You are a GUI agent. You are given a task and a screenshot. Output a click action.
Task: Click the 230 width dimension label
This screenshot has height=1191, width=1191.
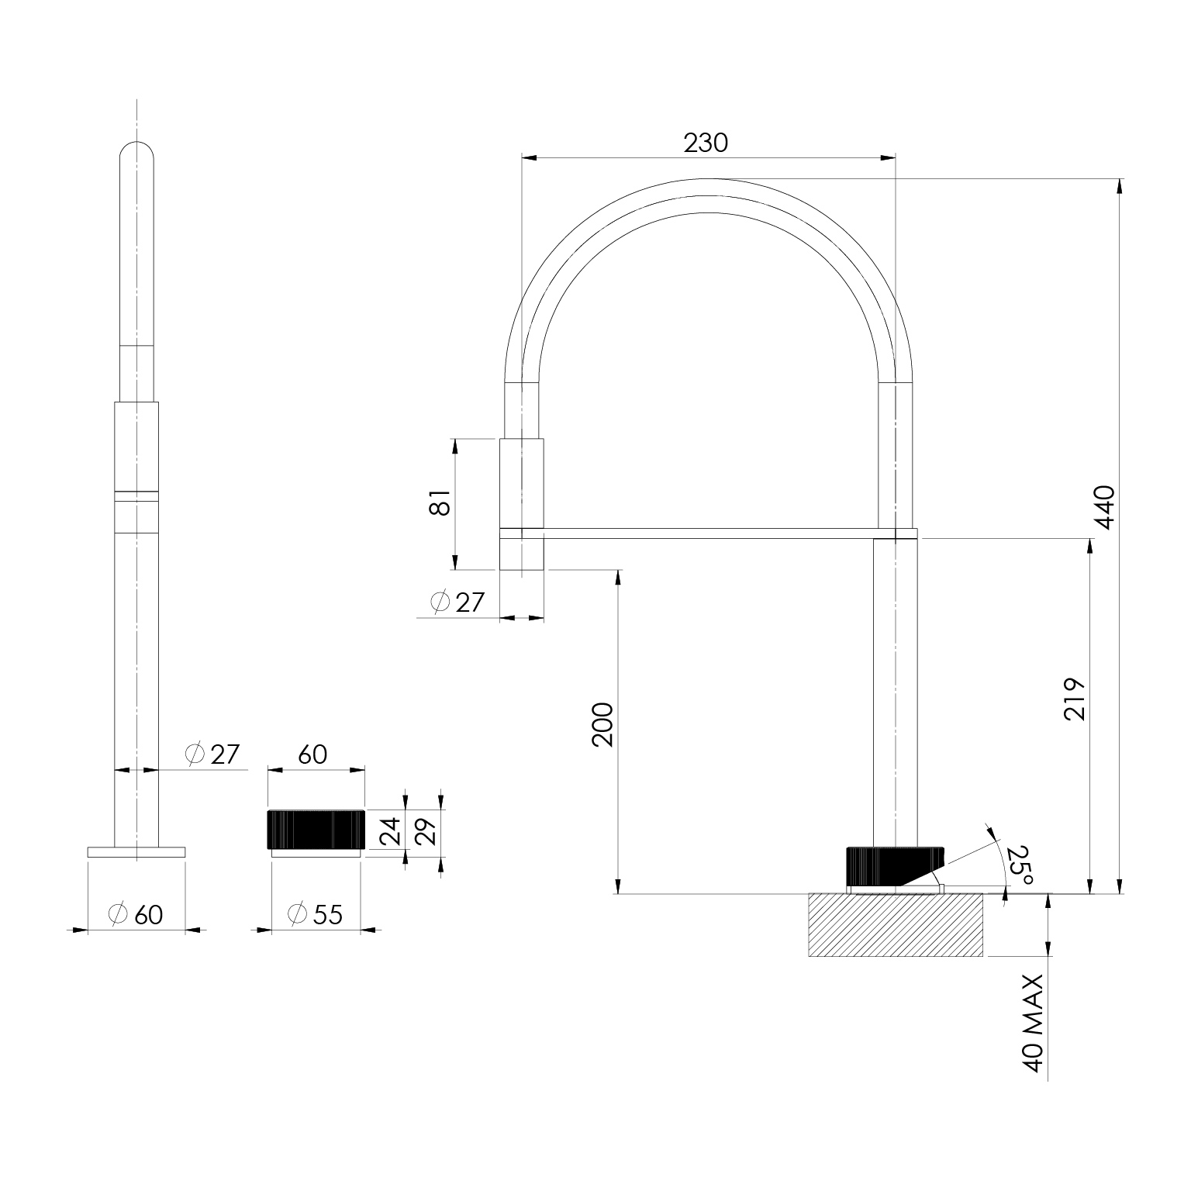point(706,143)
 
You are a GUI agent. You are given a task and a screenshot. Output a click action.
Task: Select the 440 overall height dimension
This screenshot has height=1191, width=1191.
point(1104,507)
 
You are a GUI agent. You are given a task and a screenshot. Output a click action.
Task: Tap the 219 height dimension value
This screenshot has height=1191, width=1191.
point(1075,699)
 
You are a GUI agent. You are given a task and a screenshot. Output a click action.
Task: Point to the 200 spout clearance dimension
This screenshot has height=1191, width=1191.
point(603,724)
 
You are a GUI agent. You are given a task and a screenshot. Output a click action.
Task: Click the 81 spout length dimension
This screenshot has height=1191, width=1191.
point(440,503)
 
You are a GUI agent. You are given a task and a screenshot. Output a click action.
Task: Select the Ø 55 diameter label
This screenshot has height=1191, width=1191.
point(314,915)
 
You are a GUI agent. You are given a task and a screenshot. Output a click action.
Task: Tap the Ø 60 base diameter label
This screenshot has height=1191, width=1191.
point(136,915)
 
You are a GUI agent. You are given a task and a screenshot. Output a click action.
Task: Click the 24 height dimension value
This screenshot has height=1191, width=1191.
point(392,830)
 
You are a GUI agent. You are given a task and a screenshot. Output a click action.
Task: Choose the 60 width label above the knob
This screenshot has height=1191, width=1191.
point(312,754)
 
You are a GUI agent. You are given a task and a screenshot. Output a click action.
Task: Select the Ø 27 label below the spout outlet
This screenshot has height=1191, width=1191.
point(457,602)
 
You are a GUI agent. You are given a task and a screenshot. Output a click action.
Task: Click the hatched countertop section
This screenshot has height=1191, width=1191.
point(896,925)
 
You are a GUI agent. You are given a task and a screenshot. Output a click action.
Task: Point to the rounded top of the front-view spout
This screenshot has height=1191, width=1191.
point(136,153)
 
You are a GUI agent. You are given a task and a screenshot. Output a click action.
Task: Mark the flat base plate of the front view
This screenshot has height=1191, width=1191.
point(136,852)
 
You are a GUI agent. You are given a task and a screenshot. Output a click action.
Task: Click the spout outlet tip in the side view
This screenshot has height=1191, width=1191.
point(522,554)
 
